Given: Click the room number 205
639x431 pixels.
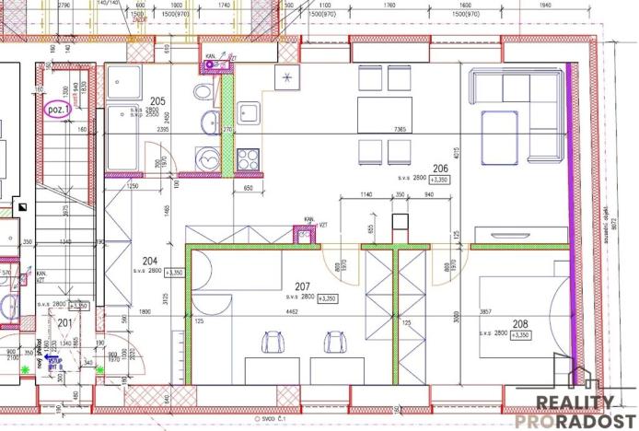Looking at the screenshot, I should tap(157, 100).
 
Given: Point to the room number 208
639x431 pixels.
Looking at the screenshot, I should tap(519, 324).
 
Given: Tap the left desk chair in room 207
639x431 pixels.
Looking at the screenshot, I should tap(273, 343).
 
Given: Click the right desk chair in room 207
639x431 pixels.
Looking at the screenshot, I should tap(333, 343).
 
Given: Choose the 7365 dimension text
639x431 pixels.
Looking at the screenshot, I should tap(400, 129).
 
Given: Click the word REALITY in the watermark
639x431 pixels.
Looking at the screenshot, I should tap(575, 402).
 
